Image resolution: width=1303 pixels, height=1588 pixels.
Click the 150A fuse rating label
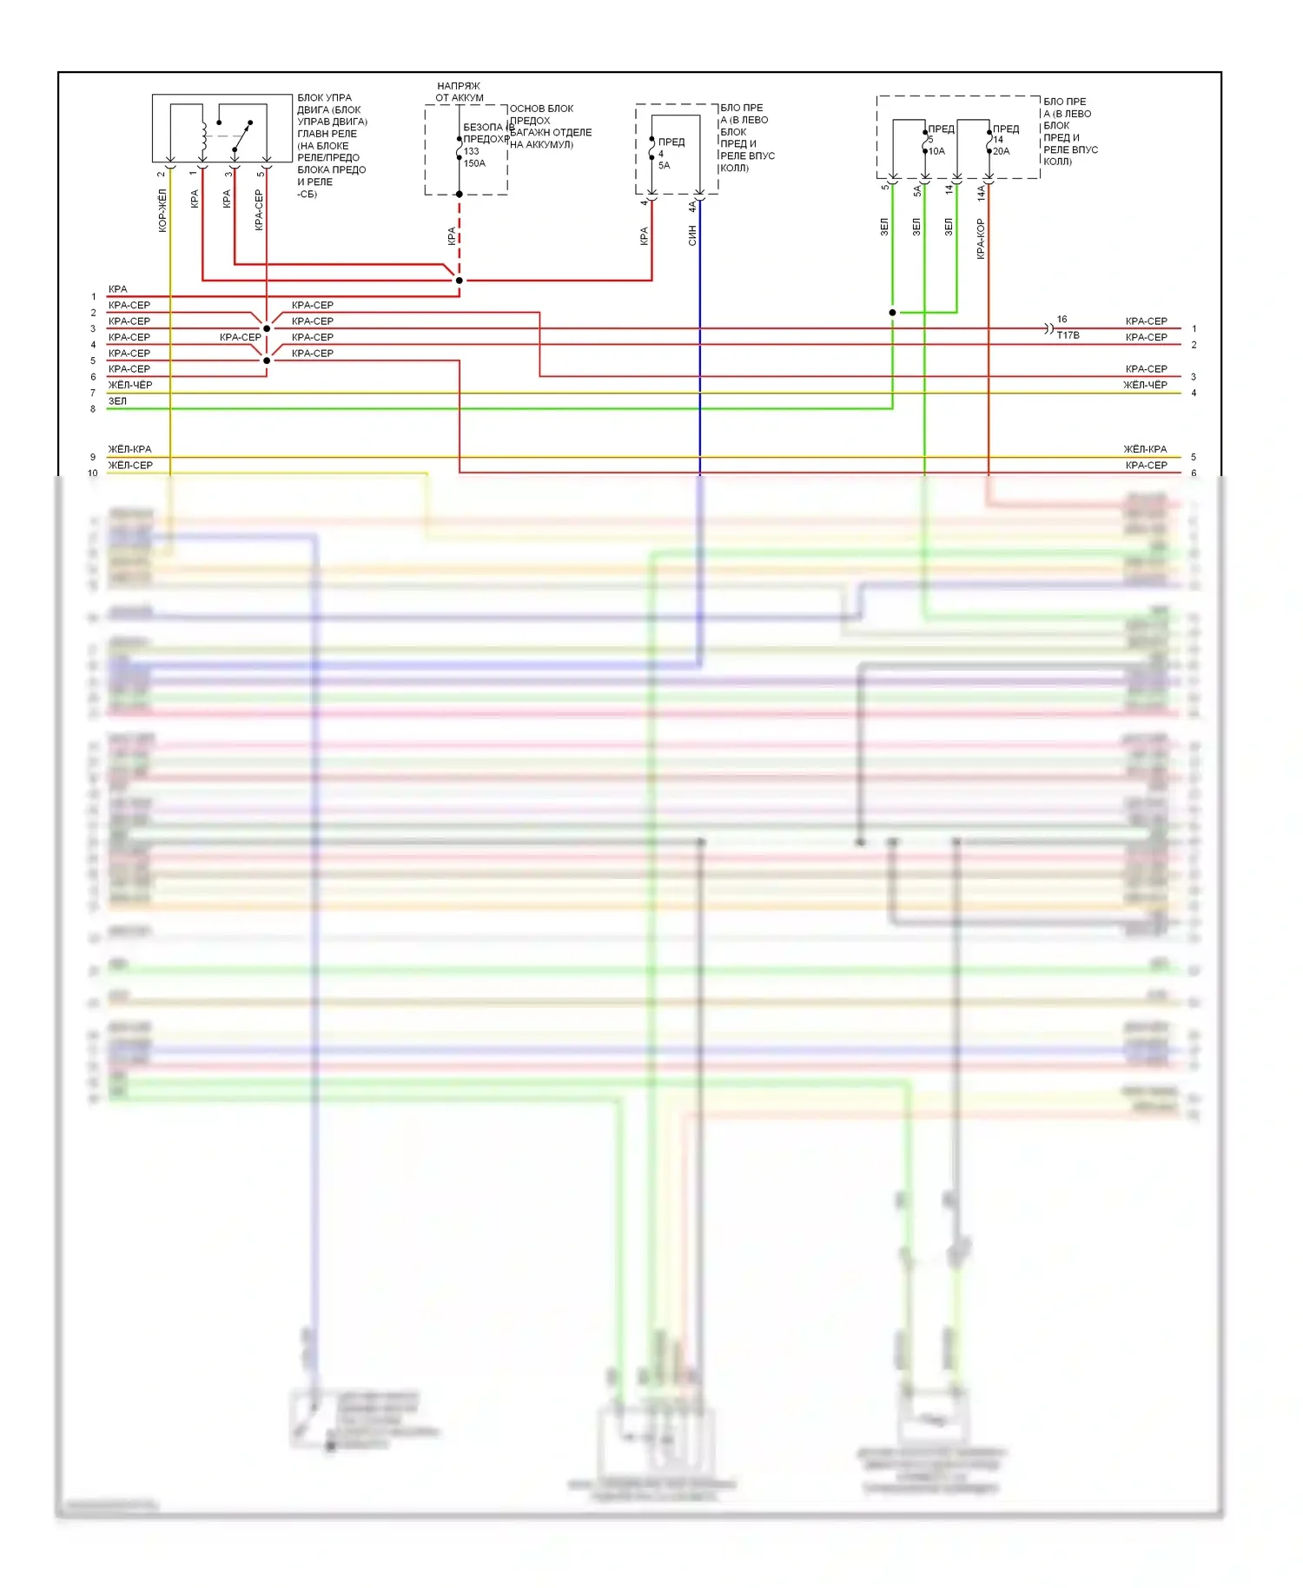point(474,163)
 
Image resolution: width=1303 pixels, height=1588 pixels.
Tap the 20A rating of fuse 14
point(1001,151)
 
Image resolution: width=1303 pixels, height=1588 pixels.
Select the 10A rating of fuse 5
point(936,151)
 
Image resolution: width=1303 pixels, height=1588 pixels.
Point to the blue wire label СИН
point(692,235)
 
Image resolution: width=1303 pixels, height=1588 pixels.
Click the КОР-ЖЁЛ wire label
point(162,211)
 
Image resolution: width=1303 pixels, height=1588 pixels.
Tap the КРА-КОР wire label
point(981,239)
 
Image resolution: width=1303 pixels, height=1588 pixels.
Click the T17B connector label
point(1068,335)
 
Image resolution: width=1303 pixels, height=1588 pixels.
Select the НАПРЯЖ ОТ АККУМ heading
point(459,91)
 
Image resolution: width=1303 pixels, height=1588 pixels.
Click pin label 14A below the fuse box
point(981,193)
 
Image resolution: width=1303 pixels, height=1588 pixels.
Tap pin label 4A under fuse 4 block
point(692,206)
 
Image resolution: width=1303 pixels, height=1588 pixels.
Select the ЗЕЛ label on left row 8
point(117,401)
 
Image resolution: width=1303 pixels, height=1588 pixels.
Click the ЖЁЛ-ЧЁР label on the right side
point(1145,385)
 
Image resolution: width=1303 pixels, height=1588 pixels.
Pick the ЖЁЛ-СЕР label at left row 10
point(130,466)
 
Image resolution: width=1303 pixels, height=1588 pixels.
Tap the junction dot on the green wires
point(892,313)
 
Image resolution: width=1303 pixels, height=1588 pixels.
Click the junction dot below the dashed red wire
point(460,281)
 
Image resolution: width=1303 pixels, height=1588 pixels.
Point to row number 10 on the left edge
point(93,473)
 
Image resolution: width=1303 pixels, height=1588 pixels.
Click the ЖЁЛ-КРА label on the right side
point(1145,449)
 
